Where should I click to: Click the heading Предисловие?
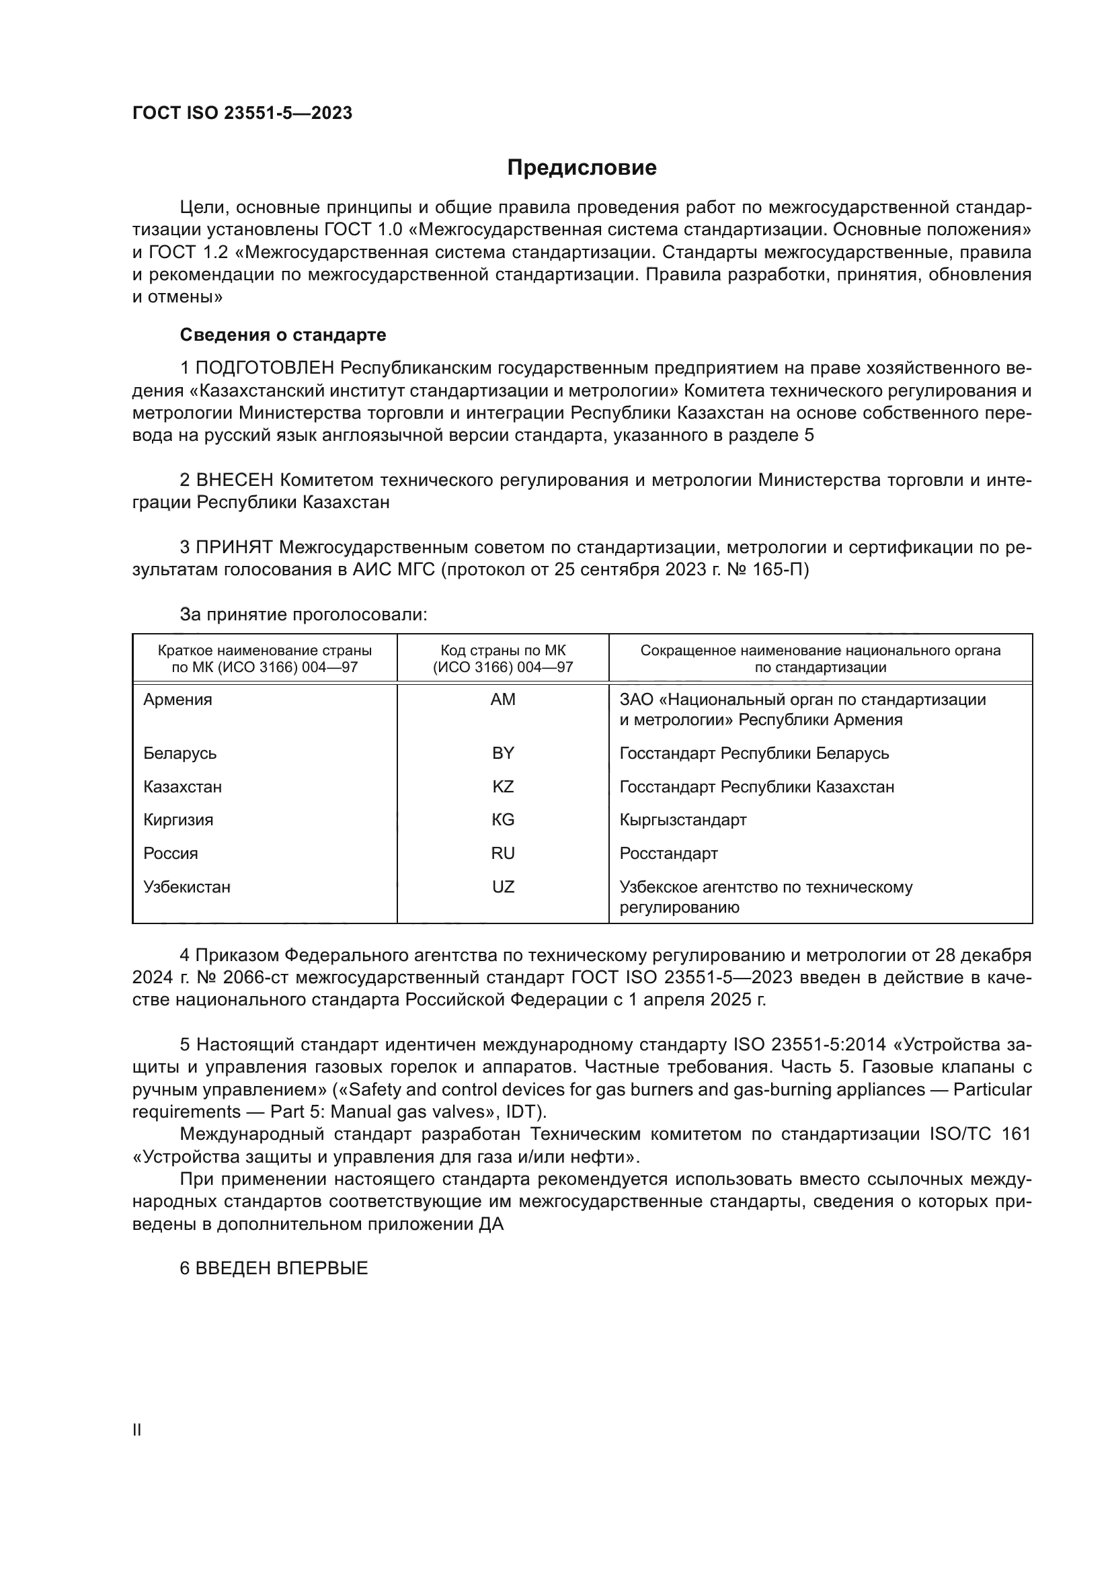pyautogui.click(x=582, y=168)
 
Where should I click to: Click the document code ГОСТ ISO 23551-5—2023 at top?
pyautogui.click(x=243, y=113)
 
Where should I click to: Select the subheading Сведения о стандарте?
pyautogui.click(x=283, y=335)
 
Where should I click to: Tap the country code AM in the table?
pyautogui.click(x=503, y=699)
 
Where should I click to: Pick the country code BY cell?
pyautogui.click(x=503, y=753)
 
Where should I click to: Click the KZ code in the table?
pyautogui.click(x=503, y=787)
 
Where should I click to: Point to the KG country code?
pyautogui.click(x=503, y=819)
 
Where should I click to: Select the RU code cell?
pyautogui.click(x=503, y=853)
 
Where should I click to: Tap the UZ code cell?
pyautogui.click(x=503, y=886)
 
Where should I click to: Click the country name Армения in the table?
pyautogui.click(x=178, y=700)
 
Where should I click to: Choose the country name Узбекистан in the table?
pyautogui.click(x=187, y=886)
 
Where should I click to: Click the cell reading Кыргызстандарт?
pyautogui.click(x=682, y=819)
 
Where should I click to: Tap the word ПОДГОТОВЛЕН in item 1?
pyautogui.click(x=265, y=368)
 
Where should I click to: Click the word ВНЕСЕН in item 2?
pyautogui.click(x=234, y=480)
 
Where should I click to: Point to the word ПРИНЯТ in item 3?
pyautogui.click(x=234, y=547)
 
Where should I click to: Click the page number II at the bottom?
pyautogui.click(x=137, y=1430)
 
